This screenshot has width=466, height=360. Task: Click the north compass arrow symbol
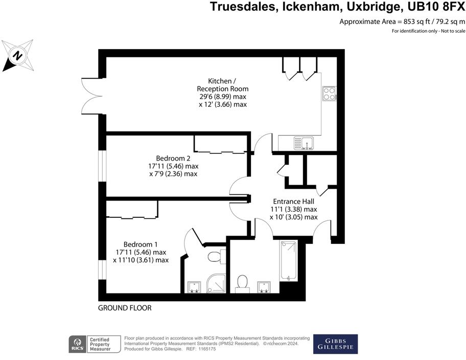pyautogui.click(x=16, y=55)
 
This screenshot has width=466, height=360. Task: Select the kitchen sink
pyautogui.click(x=305, y=143)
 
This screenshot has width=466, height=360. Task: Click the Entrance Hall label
pyautogui.click(x=293, y=201)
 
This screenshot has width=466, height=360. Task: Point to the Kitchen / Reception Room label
pyautogui.click(x=222, y=85)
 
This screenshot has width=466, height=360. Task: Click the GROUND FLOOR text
pyautogui.click(x=125, y=308)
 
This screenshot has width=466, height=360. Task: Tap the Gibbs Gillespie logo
pyautogui.click(x=335, y=344)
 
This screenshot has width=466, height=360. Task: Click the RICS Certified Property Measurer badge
pyautogui.click(x=94, y=344)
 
